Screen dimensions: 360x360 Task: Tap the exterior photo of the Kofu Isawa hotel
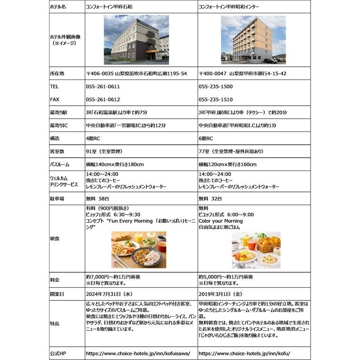tap(136, 40)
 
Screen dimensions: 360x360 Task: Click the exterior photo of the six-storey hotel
tap(253, 40)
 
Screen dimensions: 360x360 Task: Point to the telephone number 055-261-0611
tap(103, 87)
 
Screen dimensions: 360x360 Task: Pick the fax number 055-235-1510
tap(216, 100)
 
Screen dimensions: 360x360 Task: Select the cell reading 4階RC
tap(94, 138)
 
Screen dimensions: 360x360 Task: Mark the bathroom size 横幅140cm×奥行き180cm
tap(115, 164)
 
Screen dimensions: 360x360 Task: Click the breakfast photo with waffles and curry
tap(139, 250)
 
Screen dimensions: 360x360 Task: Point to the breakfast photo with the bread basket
tap(256, 250)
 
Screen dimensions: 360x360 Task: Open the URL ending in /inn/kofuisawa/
tap(138, 354)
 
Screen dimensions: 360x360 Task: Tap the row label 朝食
tap(54, 238)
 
